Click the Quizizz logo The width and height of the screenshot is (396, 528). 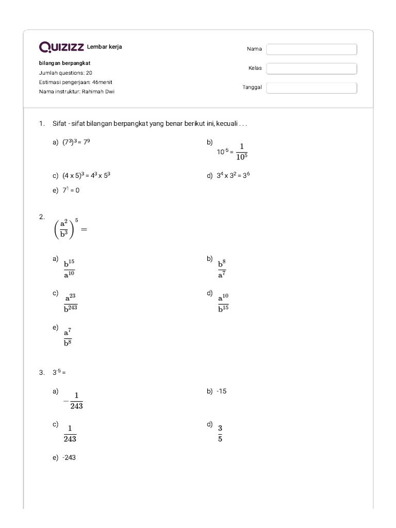(62, 48)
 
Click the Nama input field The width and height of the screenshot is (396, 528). (311, 49)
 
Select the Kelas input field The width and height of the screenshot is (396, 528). (311, 69)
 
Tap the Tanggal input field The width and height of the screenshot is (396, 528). (311, 88)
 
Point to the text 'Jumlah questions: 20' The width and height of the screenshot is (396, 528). (65, 73)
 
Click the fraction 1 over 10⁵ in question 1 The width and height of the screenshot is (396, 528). (241, 152)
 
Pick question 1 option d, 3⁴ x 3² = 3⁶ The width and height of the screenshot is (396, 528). (233, 175)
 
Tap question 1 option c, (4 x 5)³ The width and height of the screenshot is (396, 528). (87, 175)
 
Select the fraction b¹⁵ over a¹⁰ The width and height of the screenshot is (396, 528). (69, 269)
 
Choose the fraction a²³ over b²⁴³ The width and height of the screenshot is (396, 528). (71, 303)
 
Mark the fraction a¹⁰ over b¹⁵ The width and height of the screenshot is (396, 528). (223, 303)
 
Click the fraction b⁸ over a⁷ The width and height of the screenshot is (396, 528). (222, 269)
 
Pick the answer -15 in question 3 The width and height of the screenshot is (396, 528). (222, 391)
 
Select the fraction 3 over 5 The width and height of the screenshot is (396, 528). (220, 433)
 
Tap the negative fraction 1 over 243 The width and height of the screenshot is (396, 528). (73, 401)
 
